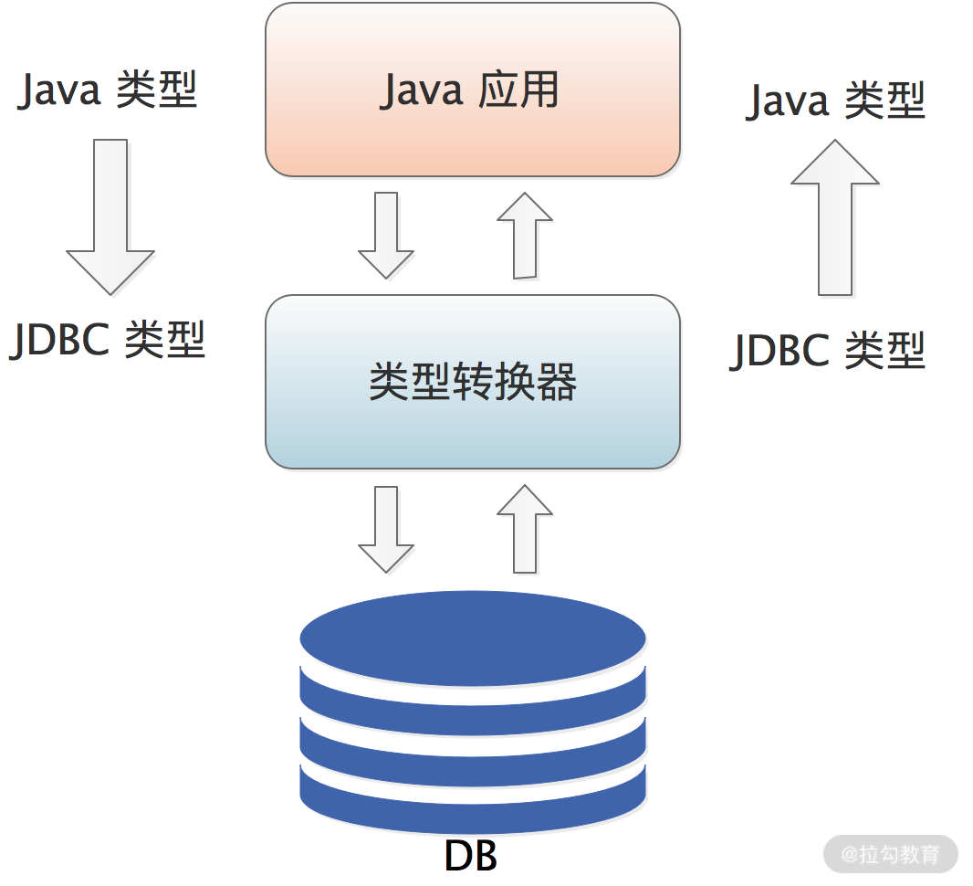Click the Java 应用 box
click(472, 90)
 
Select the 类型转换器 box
click(472, 382)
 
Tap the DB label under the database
click(470, 857)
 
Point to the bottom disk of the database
click(472, 804)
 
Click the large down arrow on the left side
click(110, 216)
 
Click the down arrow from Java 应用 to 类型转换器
click(386, 235)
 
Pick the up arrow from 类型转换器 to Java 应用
click(524, 235)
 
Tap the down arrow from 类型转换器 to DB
click(386, 529)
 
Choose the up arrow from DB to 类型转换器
click(524, 529)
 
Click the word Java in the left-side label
click(61, 90)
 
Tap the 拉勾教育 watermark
click(890, 855)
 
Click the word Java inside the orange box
click(422, 90)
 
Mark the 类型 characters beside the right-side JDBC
click(885, 351)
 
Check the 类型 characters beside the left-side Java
click(157, 90)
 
